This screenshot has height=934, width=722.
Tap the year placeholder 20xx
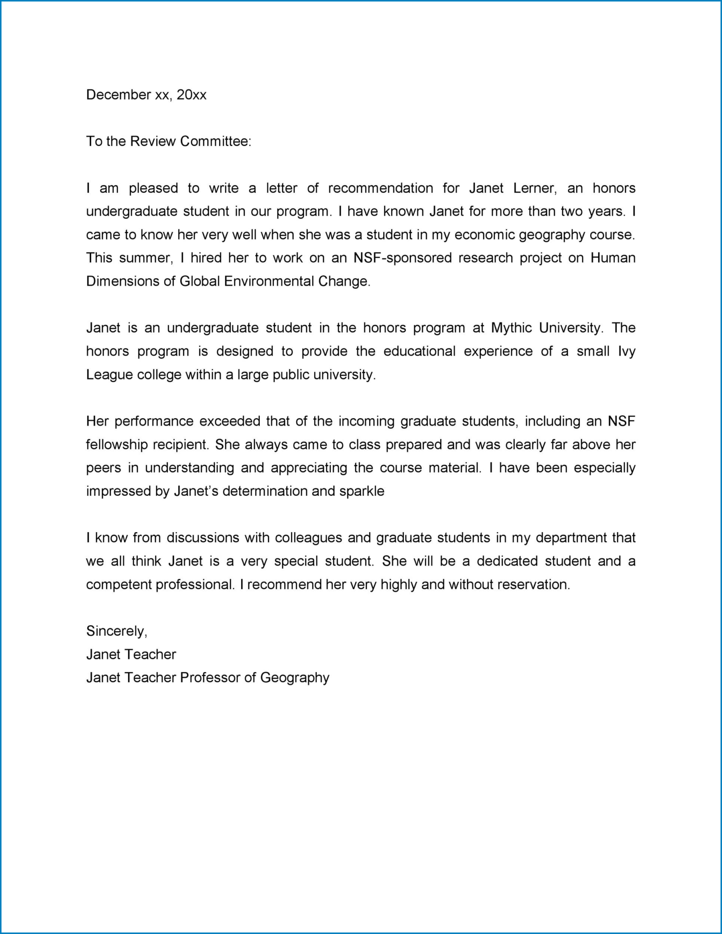coord(191,95)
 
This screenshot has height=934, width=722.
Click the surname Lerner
coord(535,188)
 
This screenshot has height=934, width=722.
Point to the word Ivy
coord(626,351)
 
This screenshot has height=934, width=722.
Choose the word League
coord(109,375)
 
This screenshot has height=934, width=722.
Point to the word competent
coord(118,585)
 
